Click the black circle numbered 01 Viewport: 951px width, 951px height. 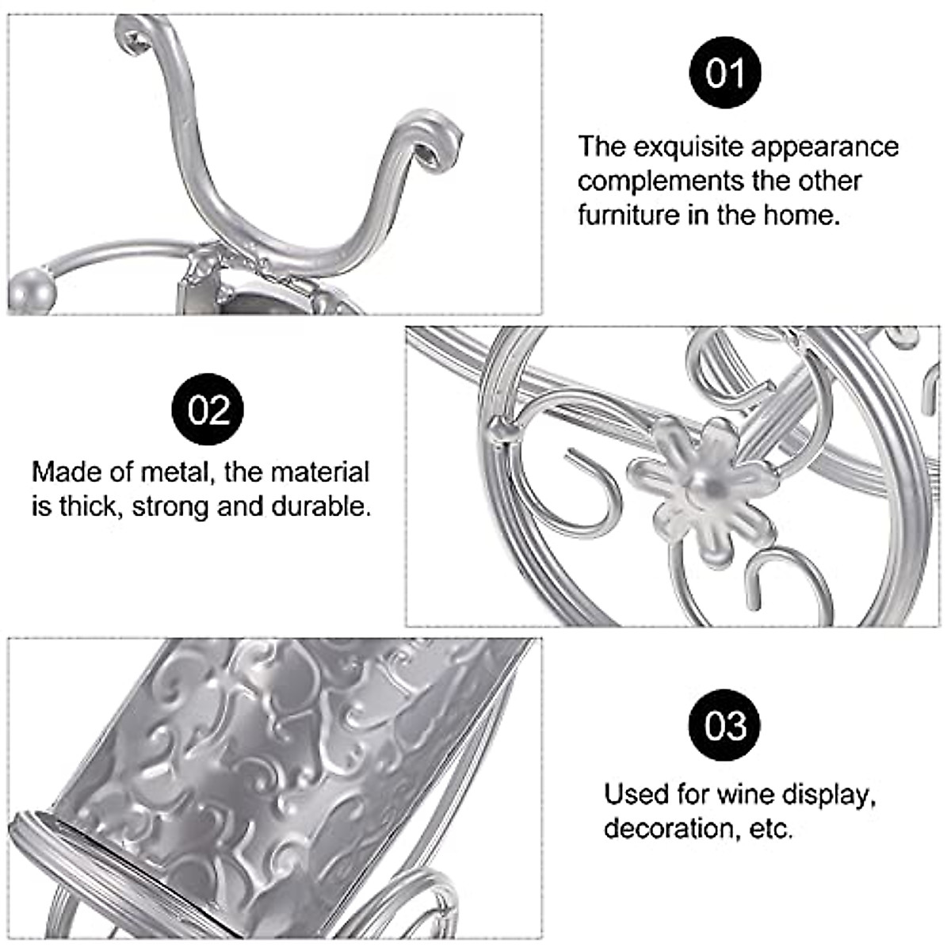tap(725, 74)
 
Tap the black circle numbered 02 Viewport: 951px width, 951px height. tap(208, 410)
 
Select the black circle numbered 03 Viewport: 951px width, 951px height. tap(725, 725)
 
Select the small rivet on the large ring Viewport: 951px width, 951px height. tap(501, 429)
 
